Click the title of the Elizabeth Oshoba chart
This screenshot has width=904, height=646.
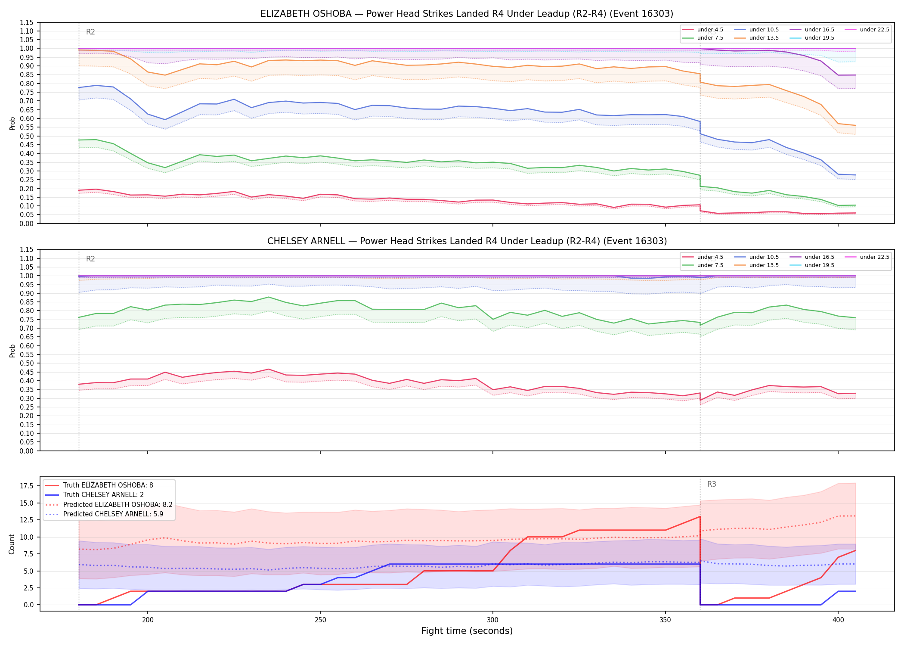tap(467, 14)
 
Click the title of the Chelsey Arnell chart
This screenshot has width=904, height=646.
tap(467, 241)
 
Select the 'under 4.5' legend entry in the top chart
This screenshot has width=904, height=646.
tap(703, 30)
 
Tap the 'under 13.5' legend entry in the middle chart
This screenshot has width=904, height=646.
tap(756, 265)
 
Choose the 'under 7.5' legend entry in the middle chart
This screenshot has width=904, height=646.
tap(703, 265)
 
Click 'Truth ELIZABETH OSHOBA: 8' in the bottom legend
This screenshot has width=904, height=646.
tap(99, 485)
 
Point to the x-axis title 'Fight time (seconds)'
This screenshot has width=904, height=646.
tap(467, 631)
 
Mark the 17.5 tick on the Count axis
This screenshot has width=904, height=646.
tap(28, 486)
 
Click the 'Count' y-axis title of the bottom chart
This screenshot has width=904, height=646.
tap(12, 544)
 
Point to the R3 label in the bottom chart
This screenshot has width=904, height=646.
tap(712, 484)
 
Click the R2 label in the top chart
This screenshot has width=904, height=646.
tap(90, 32)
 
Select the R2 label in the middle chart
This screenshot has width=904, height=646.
tap(90, 259)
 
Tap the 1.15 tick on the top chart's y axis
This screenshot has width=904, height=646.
tap(27, 22)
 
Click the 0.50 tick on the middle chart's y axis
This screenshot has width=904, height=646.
tap(27, 363)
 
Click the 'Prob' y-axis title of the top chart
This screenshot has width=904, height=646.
tap(12, 123)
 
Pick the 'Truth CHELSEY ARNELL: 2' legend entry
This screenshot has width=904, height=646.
tap(94, 495)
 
